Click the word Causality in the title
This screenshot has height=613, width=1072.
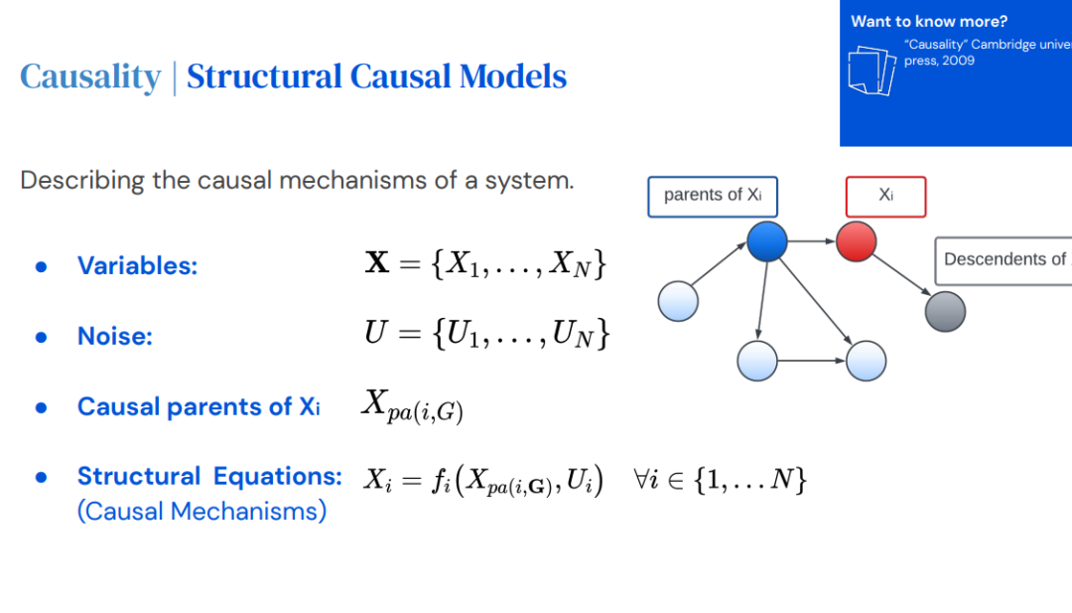click(x=90, y=77)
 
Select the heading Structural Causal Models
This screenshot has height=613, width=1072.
click(x=376, y=77)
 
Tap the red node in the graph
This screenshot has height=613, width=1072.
click(x=856, y=241)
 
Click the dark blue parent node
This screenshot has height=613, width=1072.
click(x=766, y=241)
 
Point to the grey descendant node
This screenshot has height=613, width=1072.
click(x=945, y=311)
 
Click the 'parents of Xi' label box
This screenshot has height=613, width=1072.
click(x=712, y=196)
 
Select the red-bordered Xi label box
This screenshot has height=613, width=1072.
click(x=885, y=196)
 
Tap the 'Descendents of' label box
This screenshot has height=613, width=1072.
click(x=1003, y=260)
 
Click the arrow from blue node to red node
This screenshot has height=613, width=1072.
click(x=811, y=241)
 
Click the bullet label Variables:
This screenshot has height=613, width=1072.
click(x=138, y=266)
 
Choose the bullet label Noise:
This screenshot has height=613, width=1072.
click(x=115, y=337)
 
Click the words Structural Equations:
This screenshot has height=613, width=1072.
click(x=209, y=477)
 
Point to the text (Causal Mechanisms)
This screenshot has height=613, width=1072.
click(x=201, y=512)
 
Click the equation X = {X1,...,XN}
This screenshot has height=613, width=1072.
click(x=485, y=264)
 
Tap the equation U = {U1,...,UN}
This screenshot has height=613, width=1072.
click(x=486, y=335)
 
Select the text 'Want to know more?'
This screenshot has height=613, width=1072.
click(x=929, y=21)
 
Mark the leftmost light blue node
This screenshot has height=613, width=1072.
click(x=680, y=300)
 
